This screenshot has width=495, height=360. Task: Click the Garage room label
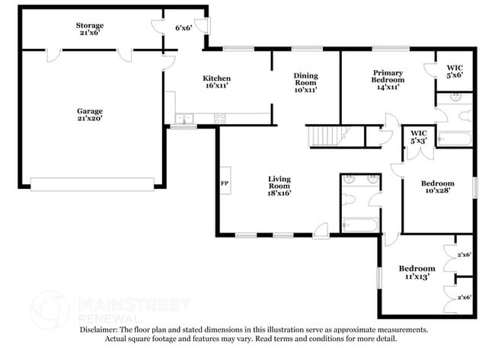[89, 115]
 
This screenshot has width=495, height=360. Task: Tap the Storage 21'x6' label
[89, 29]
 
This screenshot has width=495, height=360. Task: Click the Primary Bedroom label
[387, 78]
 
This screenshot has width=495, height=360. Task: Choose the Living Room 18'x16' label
[279, 186]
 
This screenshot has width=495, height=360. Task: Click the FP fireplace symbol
[225, 183]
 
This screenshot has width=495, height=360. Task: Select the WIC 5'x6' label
[455, 71]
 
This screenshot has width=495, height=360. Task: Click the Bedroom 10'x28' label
[438, 187]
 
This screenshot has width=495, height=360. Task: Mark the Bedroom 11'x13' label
[417, 272]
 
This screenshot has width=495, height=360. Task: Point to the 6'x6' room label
[183, 28]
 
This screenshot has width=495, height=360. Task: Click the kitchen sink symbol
[183, 118]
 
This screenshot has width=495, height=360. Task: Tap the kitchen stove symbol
[220, 118]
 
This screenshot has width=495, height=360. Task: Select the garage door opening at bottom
[92, 183]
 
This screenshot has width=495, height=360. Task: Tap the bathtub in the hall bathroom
[359, 225]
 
